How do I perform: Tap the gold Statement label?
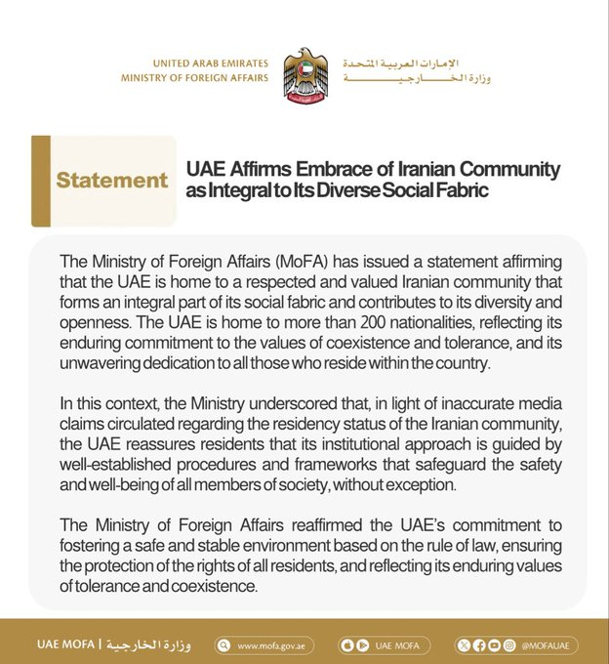click(x=111, y=181)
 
